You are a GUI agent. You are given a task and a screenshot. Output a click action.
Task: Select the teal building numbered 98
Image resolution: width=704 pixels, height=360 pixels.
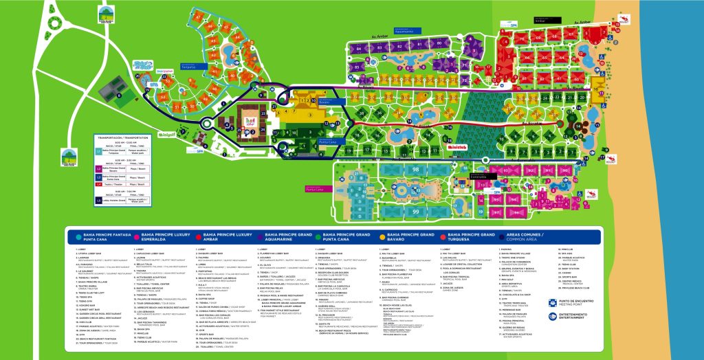coord(415,168)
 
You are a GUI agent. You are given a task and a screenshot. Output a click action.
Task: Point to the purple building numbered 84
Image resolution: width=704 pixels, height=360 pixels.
coord(357,49)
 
